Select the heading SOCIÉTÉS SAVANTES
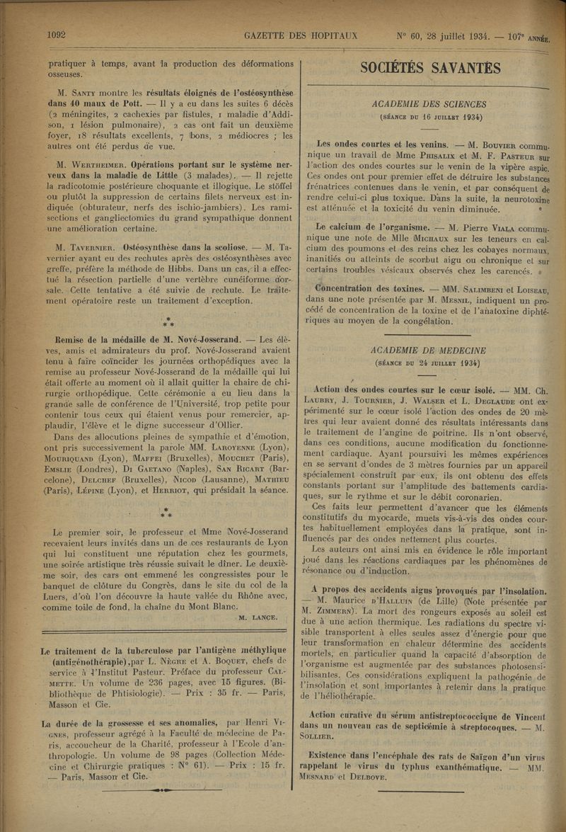click(x=430, y=68)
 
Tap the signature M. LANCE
click(x=258, y=617)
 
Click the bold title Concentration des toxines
click(x=366, y=289)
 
